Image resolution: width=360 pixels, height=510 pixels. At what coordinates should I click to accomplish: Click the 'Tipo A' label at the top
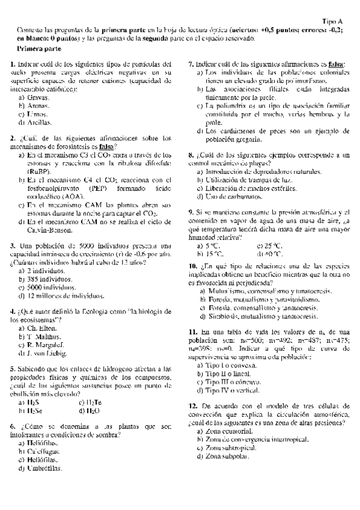tap(332, 20)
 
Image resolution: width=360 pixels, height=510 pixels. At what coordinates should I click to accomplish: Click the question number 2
tap(13, 138)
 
